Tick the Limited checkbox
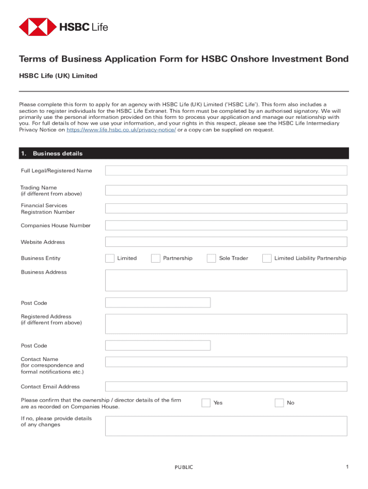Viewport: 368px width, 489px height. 109,258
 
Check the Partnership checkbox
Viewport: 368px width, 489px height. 155,258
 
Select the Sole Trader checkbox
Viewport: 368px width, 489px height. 211,258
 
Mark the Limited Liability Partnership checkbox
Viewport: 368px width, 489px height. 267,258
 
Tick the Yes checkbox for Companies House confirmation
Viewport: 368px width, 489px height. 206,403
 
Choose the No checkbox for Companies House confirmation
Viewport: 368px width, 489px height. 279,403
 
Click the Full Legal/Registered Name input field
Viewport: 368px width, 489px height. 226,170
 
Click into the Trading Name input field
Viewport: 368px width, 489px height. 226,190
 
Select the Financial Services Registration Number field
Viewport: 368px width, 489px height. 226,208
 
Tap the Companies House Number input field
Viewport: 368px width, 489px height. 226,225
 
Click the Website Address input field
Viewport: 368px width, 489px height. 226,242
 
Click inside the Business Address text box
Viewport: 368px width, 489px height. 226,280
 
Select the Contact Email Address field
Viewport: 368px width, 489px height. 226,386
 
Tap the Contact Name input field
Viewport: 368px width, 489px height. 226,361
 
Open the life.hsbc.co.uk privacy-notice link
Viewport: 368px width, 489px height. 121,130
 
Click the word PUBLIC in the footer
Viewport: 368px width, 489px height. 184,467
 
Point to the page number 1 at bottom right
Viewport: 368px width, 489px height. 348,467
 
